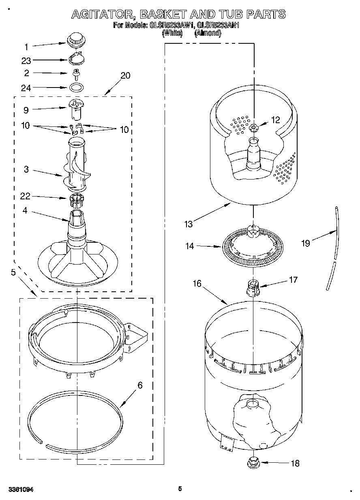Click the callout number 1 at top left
(26, 47)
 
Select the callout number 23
(26, 61)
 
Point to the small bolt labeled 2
(76, 73)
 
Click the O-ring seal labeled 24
(76, 87)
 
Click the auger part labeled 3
(77, 166)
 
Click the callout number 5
(13, 273)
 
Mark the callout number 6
(140, 385)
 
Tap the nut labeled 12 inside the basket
(254, 128)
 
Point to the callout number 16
(197, 284)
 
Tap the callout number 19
(306, 243)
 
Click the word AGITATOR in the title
(103, 15)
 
